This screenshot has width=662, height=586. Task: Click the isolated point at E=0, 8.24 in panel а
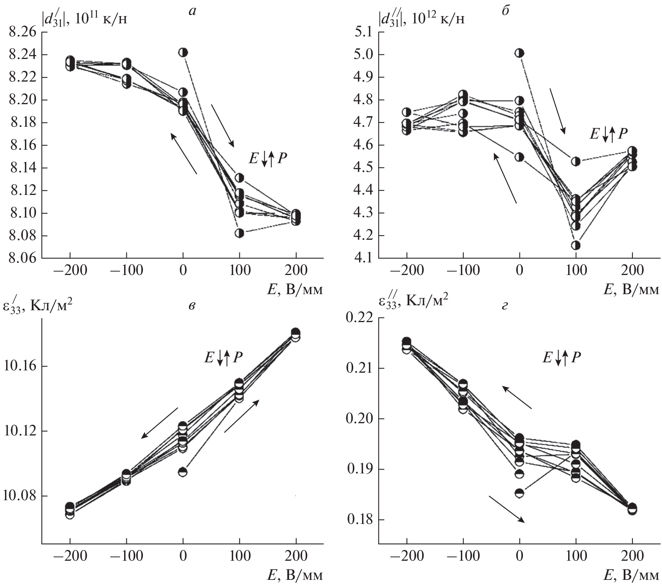(x=183, y=52)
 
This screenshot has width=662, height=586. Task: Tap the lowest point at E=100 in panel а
(x=239, y=233)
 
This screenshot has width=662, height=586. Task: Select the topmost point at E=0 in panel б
(x=519, y=53)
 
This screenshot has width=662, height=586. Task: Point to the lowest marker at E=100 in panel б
(x=576, y=245)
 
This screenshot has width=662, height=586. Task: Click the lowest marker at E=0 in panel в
(x=183, y=472)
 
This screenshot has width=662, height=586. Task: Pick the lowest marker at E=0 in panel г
(x=519, y=493)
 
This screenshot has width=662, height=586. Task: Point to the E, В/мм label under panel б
(x=631, y=290)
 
